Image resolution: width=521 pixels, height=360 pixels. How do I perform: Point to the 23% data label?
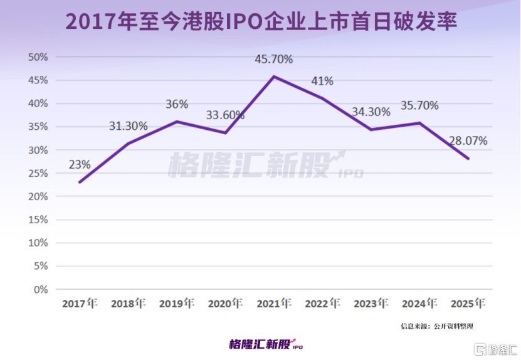[80, 164]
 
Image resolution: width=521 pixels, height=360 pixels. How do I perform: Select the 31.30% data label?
[128, 126]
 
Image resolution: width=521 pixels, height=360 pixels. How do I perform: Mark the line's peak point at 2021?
[273, 77]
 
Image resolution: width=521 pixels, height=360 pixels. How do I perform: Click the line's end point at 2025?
[468, 159]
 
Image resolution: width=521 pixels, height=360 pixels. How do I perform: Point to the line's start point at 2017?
[80, 183]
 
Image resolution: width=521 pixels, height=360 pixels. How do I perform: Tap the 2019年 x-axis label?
[177, 304]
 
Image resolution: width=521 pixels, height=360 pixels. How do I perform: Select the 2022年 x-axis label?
[322, 304]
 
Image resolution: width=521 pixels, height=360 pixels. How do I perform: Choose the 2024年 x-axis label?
[419, 304]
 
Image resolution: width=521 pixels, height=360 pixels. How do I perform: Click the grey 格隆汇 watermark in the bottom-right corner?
[495, 349]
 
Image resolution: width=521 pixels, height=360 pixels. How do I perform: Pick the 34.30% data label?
[371, 112]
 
